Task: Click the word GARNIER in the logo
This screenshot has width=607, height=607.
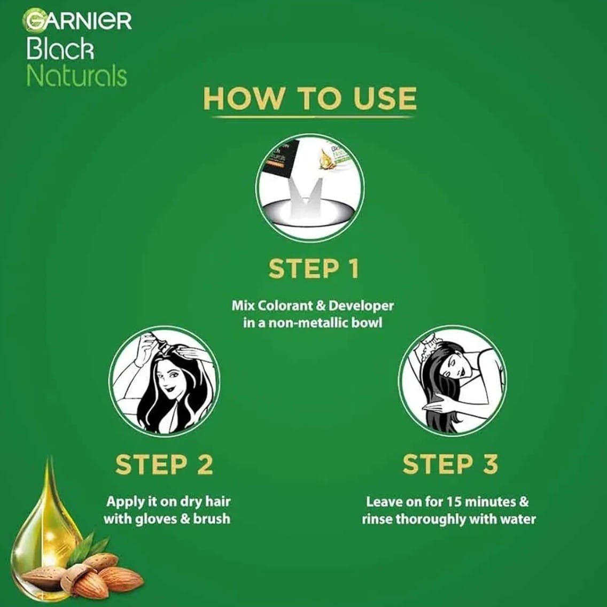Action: [77, 20]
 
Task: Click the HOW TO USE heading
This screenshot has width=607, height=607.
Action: [310, 98]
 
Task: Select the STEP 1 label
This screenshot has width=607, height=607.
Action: [314, 269]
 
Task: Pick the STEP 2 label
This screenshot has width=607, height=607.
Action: [164, 464]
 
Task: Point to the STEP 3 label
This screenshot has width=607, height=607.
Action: [450, 464]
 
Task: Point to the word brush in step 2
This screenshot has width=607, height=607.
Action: [212, 518]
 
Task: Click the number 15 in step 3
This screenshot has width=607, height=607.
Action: [454, 502]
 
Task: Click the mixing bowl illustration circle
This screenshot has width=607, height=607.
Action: [310, 188]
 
